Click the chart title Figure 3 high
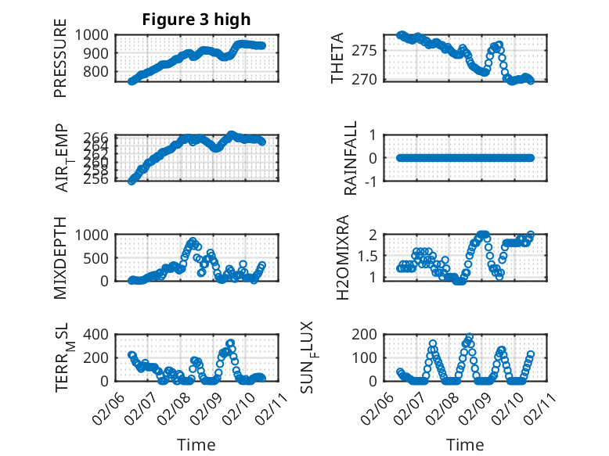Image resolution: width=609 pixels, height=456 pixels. [x=196, y=20]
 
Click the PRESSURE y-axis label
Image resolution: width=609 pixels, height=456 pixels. [x=61, y=62]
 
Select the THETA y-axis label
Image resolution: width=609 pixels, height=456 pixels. [x=337, y=59]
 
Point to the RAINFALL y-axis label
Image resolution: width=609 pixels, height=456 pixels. [x=351, y=158]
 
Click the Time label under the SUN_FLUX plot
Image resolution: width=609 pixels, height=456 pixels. [x=465, y=445]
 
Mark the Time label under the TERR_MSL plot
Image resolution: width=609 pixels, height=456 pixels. [x=196, y=445]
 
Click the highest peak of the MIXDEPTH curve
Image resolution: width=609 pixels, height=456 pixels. [x=193, y=242]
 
